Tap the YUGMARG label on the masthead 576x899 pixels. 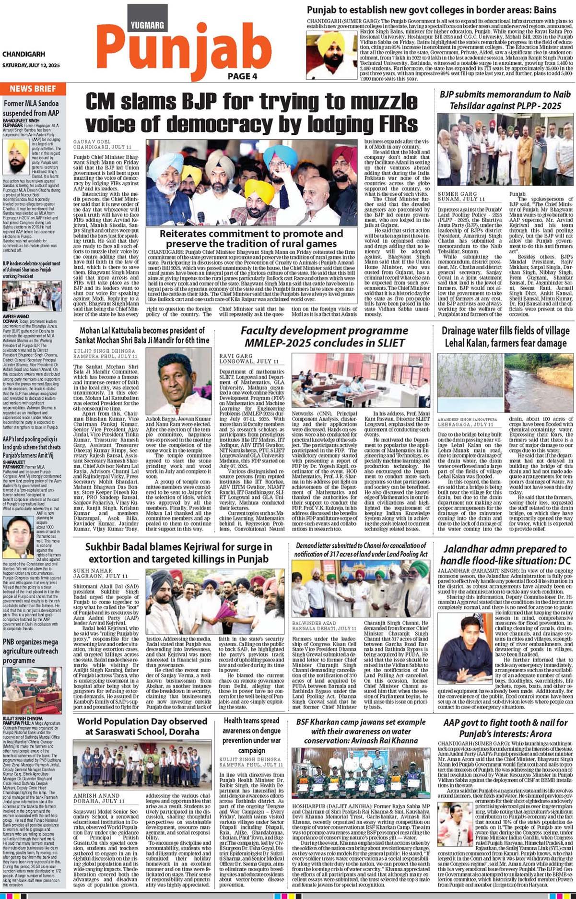(x=147, y=25)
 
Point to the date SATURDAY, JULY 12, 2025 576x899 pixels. (x=31, y=65)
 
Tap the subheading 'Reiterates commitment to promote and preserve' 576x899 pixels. (x=251, y=239)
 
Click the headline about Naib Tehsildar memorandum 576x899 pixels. (x=505, y=100)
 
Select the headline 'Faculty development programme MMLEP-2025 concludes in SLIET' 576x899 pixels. (x=324, y=337)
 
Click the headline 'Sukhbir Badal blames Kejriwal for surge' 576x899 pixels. (x=177, y=553)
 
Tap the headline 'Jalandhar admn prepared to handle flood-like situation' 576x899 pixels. (x=505, y=555)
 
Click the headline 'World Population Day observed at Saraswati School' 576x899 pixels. (x=142, y=726)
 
